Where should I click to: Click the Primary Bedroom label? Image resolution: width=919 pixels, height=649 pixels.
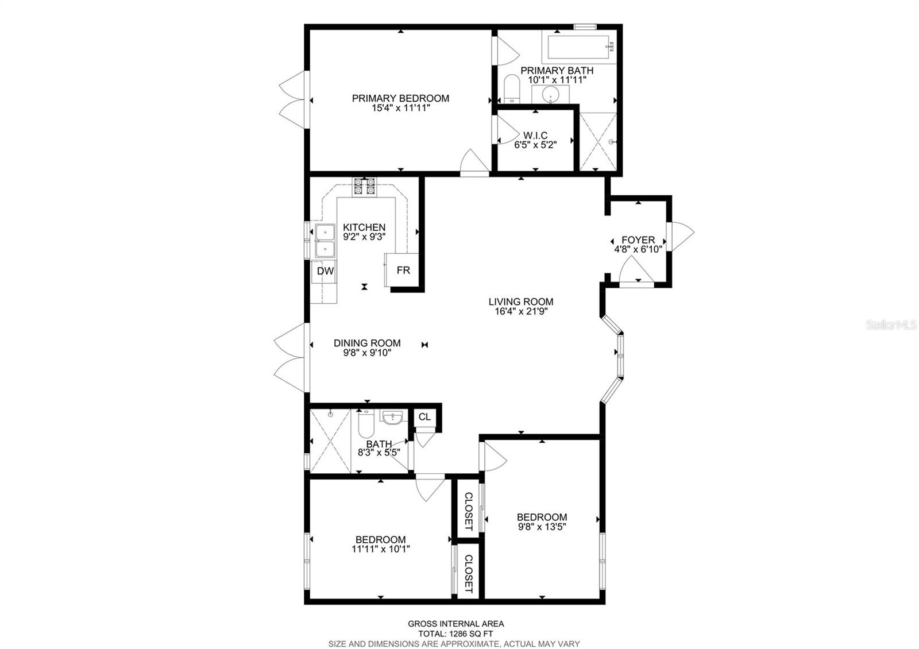[400, 99]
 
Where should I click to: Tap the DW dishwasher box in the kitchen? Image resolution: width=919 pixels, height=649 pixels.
[326, 271]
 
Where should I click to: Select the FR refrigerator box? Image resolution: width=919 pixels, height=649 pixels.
[403, 270]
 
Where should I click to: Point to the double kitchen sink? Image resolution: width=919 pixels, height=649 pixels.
[325, 241]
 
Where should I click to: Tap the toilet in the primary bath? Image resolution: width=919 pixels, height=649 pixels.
[511, 90]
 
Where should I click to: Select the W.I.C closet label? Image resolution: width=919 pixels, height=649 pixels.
[535, 136]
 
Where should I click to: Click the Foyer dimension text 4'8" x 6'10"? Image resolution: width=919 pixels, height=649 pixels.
[638, 249]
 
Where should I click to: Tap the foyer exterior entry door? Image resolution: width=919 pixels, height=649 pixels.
[680, 235]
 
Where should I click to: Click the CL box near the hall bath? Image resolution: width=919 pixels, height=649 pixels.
[424, 417]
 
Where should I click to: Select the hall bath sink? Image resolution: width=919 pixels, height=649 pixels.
[392, 417]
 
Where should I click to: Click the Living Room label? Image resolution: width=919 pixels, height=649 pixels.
[521, 302]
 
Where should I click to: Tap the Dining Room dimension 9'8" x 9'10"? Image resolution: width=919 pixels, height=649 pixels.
[367, 353]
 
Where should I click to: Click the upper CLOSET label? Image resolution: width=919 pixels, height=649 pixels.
[468, 511]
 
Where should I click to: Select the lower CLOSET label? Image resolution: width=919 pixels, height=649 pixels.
[468, 574]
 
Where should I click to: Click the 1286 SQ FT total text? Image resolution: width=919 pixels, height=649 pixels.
[455, 634]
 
